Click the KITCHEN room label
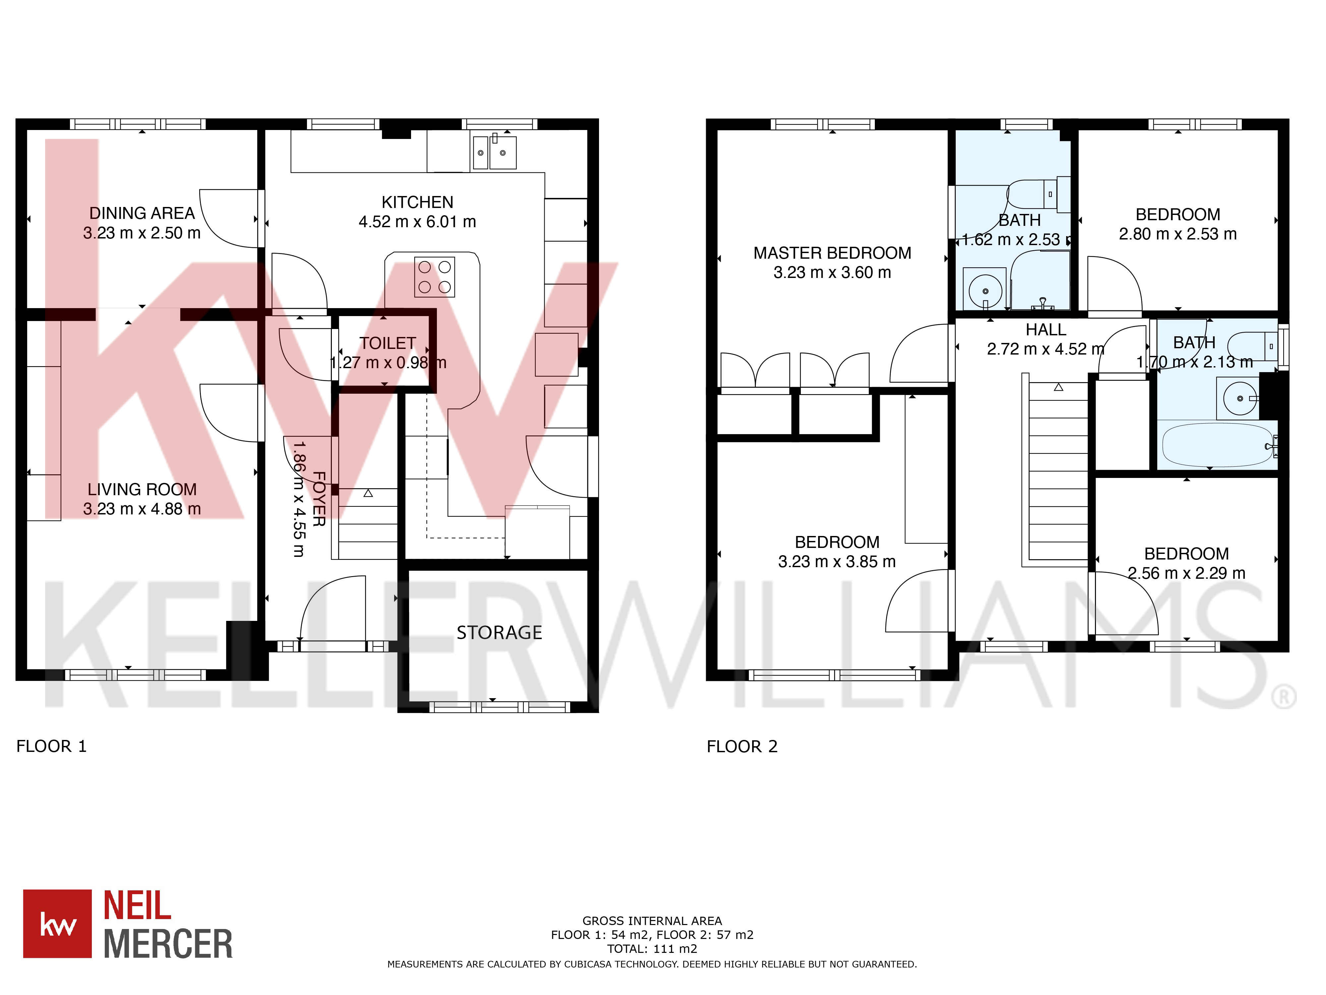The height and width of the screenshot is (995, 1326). tap(417, 202)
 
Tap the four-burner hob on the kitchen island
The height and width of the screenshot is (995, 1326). tap(434, 277)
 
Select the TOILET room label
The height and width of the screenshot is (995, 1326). tap(387, 343)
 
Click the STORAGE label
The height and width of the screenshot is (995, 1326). tap(499, 633)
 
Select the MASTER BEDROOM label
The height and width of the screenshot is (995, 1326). tap(832, 253)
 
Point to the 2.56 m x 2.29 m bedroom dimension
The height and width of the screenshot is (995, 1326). tap(1186, 573)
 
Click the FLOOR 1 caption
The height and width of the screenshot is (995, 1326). tap(52, 747)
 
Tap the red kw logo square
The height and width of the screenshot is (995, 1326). tap(58, 924)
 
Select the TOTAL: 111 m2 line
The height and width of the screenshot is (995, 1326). tap(652, 949)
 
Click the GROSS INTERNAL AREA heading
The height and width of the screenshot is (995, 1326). tap(652, 921)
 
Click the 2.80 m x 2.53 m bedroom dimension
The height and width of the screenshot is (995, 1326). tap(1177, 234)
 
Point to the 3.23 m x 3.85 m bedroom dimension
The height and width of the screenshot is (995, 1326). tap(836, 562)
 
